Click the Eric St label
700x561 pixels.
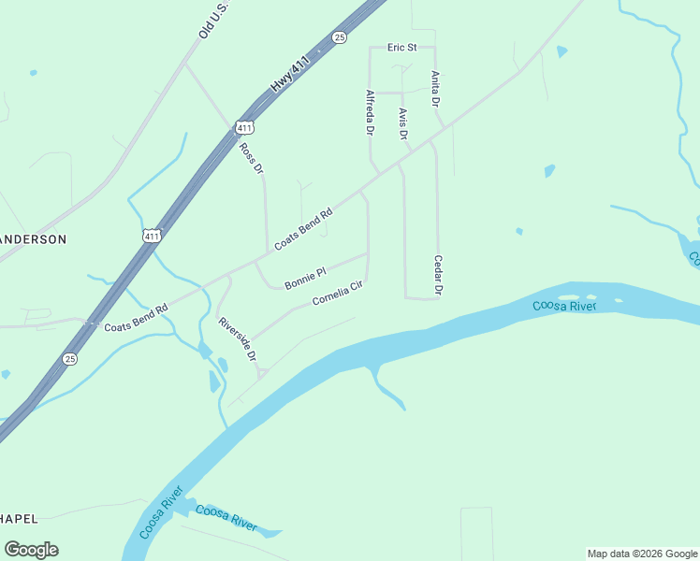coord(401,48)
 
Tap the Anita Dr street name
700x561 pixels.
coord(435,89)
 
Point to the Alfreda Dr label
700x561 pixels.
coord(371,112)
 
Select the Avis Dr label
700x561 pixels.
coord(403,123)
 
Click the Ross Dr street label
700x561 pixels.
coord(251,159)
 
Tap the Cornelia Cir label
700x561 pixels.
coord(336,295)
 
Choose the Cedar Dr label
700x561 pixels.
coord(437,276)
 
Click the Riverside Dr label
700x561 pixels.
coord(237,340)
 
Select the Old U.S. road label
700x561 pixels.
coord(213,21)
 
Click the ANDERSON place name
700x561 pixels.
coord(34,239)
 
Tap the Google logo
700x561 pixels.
coord(31,550)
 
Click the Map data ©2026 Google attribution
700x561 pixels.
coord(642,554)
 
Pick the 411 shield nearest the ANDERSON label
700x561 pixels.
coord(152,236)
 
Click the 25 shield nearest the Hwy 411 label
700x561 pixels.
coord(339,36)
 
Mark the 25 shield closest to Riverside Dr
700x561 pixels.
coord(70,358)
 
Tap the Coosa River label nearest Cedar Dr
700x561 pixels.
coord(564,305)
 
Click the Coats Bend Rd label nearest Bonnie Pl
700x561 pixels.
coord(304,229)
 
